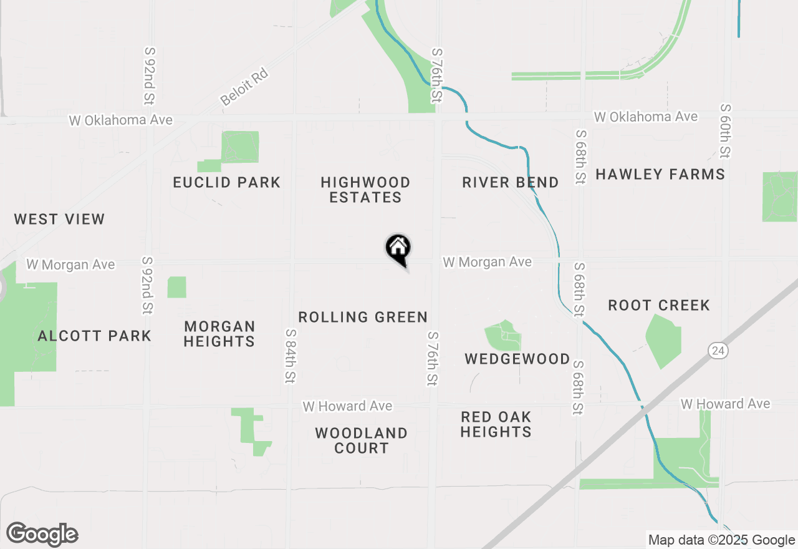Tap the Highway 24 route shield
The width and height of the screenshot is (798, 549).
718,351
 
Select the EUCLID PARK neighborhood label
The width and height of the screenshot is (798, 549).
227,182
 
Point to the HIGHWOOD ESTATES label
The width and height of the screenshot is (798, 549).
365,190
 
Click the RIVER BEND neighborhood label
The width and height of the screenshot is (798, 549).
510,182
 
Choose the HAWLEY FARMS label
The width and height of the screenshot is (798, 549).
660,174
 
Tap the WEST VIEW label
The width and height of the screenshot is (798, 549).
59,219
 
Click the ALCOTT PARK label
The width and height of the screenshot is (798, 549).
95,336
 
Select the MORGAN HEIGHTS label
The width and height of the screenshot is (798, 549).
219,334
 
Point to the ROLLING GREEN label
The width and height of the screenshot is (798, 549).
363,317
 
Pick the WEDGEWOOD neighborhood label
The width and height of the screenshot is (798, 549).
517,359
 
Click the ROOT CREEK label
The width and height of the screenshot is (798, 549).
659,305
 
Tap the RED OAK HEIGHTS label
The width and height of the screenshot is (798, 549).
496,424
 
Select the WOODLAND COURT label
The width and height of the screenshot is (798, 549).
361,440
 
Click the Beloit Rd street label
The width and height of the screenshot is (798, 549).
244,87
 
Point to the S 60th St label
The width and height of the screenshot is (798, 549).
724,130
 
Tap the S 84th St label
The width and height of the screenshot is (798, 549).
291,356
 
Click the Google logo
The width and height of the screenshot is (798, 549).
42,535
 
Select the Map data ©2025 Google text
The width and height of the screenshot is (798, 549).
721,540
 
